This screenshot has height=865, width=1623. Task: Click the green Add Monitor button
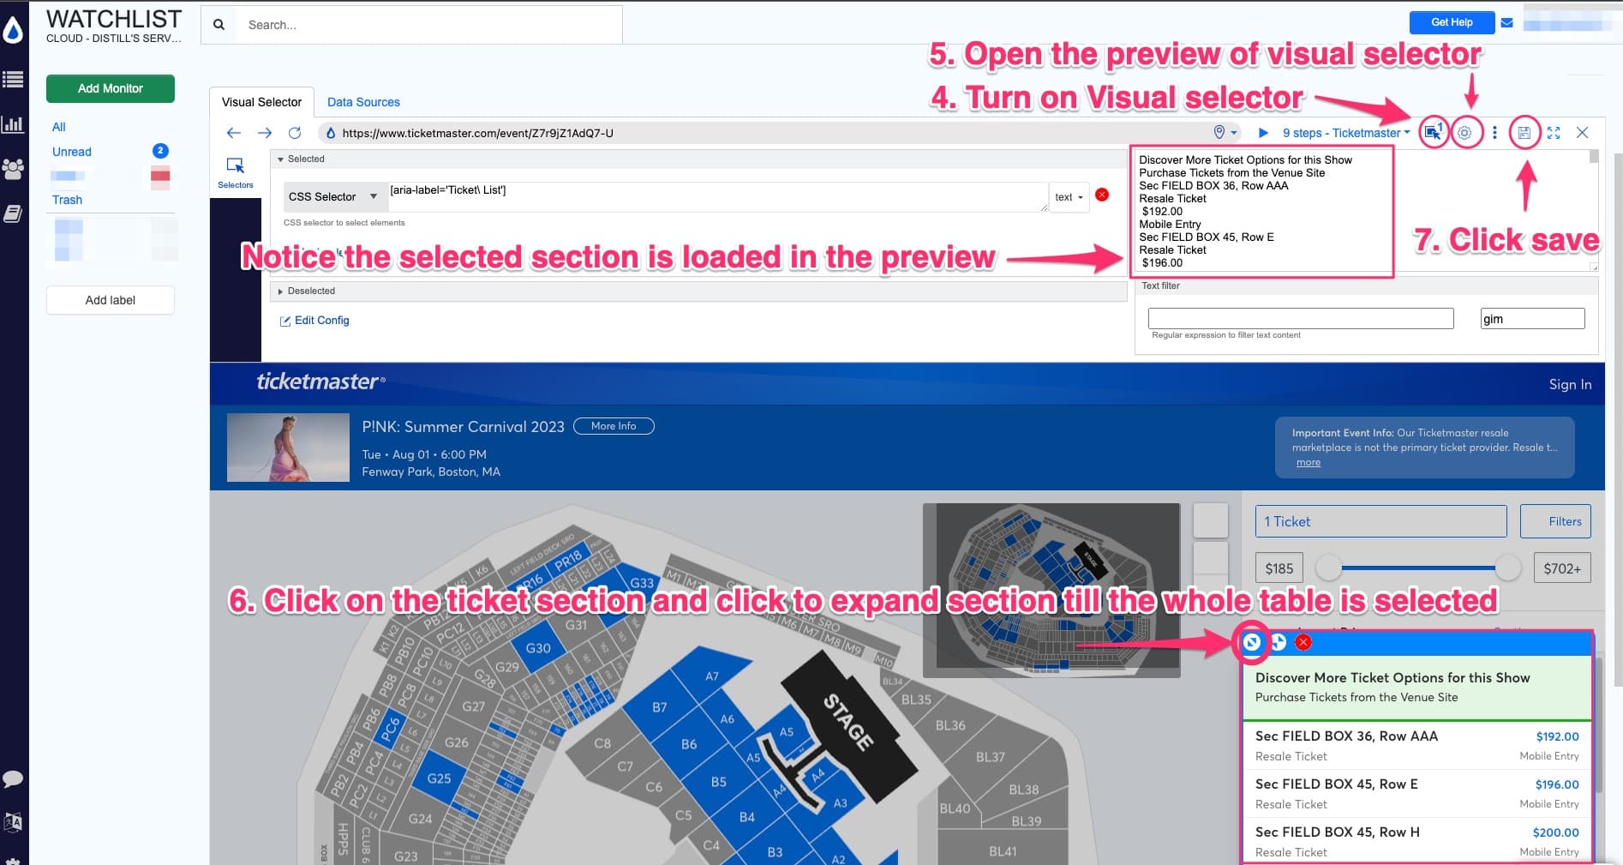point(110,88)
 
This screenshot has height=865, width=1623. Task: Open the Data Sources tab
point(363,102)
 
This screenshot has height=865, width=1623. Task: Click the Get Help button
point(1451,22)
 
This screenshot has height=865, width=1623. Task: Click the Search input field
point(428,25)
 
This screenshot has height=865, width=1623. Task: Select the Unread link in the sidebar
point(72,152)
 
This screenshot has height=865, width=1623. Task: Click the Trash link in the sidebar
point(67,200)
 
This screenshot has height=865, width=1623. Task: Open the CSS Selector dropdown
point(333,197)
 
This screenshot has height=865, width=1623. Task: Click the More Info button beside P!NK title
point(614,426)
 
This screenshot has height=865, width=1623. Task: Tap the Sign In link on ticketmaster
point(1570,385)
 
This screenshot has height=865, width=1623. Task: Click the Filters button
point(1555,521)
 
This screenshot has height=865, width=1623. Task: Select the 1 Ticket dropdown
point(1380,521)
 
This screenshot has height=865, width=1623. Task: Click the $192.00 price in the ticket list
point(1557,736)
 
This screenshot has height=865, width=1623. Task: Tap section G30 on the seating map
point(538,648)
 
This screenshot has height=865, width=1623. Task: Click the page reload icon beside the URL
point(295,133)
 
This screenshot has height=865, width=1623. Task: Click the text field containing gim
point(1531,319)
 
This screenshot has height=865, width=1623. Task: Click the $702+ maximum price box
point(1561,568)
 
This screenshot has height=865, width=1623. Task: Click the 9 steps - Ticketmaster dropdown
point(1345,133)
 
